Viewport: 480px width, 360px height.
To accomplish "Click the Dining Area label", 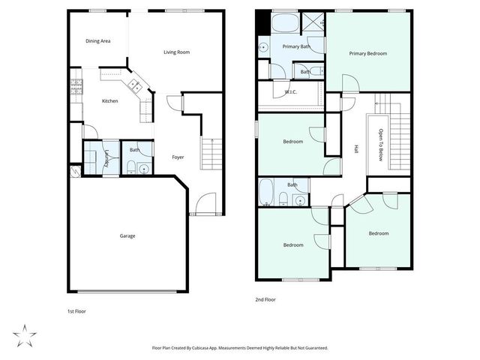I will point(98,40).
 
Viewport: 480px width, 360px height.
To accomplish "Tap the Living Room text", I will point(177,52).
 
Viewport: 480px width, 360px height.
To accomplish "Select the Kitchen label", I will point(110,100).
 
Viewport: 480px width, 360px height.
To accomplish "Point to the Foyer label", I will point(178,157).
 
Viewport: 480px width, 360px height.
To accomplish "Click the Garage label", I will point(127,235).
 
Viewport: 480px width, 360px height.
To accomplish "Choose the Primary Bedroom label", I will point(367,53).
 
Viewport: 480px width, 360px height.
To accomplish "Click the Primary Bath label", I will point(295,46).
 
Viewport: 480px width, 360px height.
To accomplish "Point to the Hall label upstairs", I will point(355,148).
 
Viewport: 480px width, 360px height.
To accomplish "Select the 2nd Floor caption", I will point(266,299).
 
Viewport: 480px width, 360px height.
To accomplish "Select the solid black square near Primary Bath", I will point(261,22).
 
